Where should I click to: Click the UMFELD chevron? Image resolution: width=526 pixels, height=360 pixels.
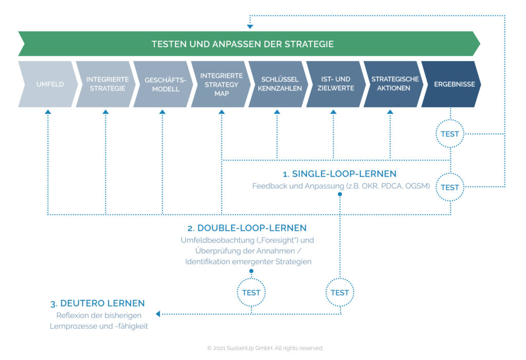click(x=50, y=84)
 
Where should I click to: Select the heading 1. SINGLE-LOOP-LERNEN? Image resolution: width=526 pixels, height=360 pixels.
click(x=340, y=174)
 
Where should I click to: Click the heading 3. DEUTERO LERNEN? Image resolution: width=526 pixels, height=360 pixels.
click(x=97, y=303)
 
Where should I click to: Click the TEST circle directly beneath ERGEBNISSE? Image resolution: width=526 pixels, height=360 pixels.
click(x=450, y=134)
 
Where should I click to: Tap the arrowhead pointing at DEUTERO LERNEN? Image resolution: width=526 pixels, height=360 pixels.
click(x=158, y=313)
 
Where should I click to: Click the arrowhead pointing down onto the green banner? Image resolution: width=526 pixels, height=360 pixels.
click(x=250, y=26)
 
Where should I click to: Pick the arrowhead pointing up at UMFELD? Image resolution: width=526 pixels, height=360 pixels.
click(x=48, y=111)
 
